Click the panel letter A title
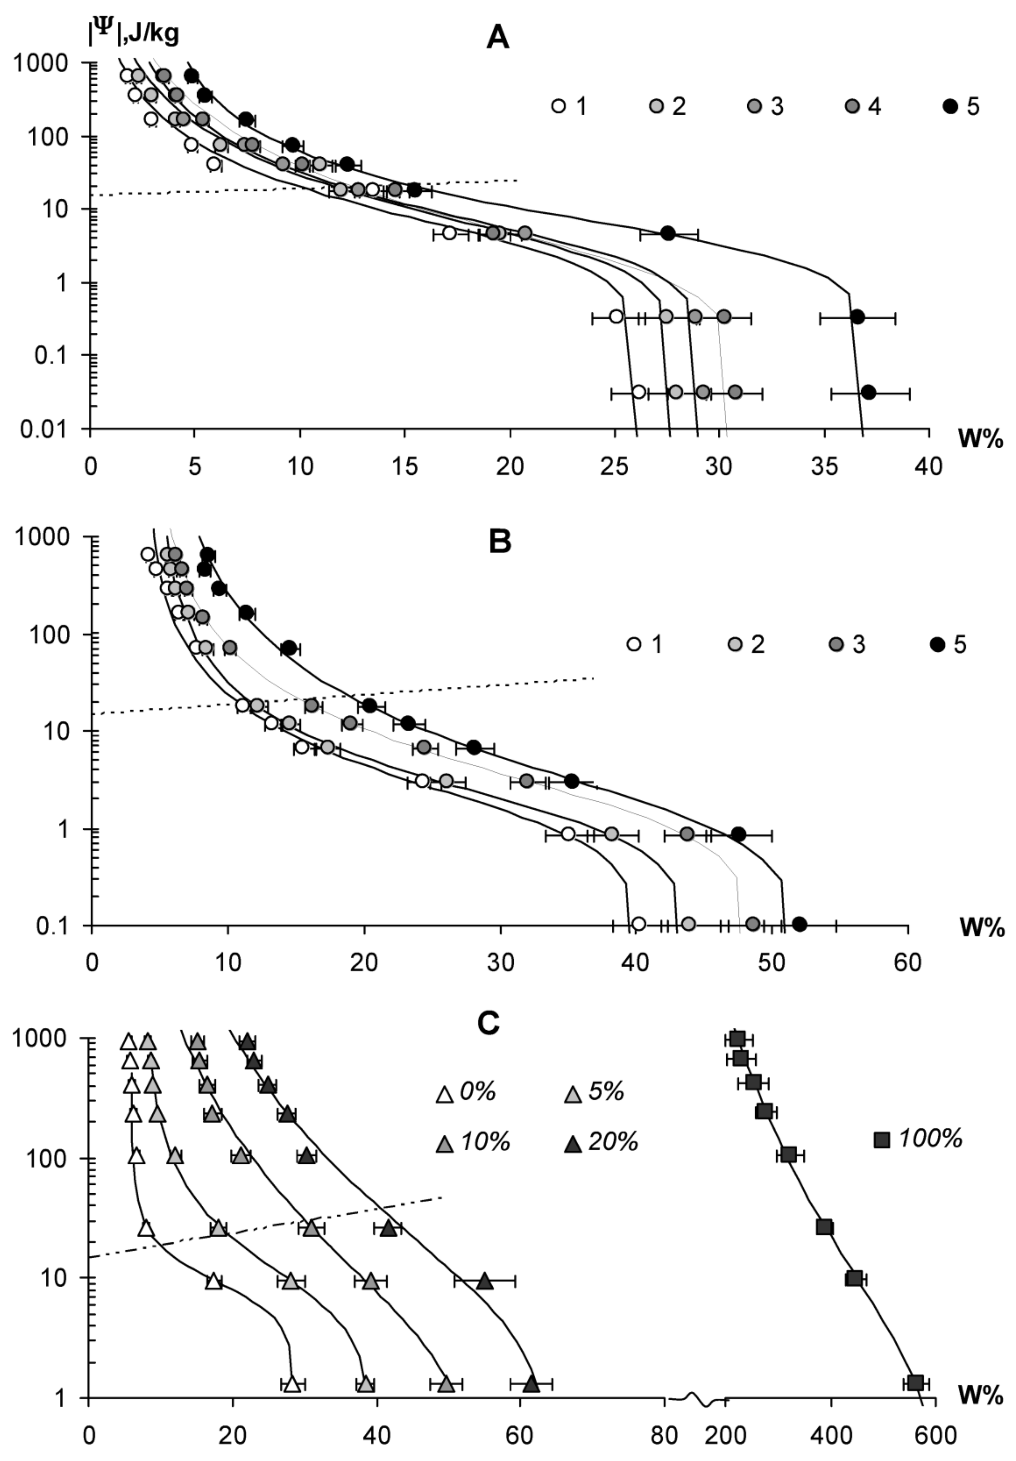coord(498,38)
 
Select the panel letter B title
coord(500,542)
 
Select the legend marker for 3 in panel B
coord(835,644)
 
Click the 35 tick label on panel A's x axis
coord(824,467)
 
